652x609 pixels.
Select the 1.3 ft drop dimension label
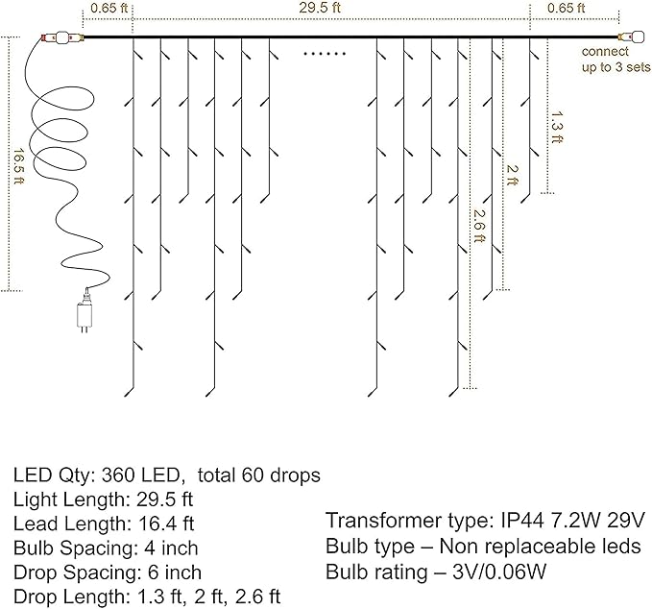pyautogui.click(x=557, y=127)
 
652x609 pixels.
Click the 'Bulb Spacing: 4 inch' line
pyautogui.click(x=106, y=548)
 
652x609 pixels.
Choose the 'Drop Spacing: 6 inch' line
pyautogui.click(x=107, y=572)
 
